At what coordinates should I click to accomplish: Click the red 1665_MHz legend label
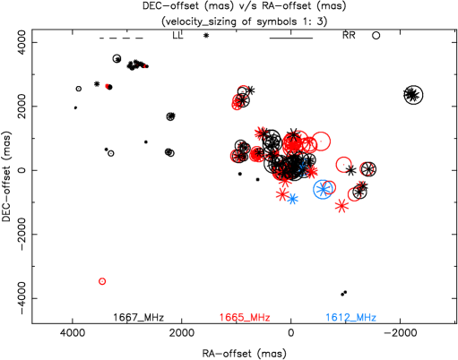[245, 318]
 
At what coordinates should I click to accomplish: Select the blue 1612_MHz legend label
[350, 318]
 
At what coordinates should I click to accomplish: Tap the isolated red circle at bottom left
[102, 281]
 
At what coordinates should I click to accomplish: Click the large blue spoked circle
[323, 189]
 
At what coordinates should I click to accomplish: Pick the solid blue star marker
[292, 199]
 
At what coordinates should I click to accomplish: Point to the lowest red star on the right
[341, 206]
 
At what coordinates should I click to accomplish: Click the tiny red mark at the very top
[144, 66]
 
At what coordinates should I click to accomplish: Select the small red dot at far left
[107, 86]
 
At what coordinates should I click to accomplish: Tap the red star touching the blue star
[282, 193]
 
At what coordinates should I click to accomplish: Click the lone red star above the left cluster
[260, 133]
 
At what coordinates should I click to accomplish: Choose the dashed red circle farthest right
[367, 168]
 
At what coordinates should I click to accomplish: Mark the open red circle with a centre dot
[343, 165]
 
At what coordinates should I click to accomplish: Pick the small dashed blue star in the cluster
[304, 167]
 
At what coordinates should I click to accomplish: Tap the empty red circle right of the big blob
[321, 141]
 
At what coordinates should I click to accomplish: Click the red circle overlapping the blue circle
[330, 187]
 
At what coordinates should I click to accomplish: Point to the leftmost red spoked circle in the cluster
[237, 156]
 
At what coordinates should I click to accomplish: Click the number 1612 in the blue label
[337, 318]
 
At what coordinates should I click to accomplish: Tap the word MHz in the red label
[259, 318]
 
